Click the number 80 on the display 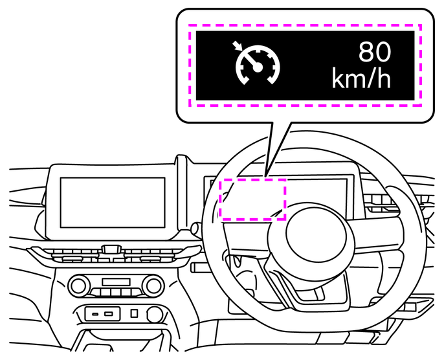[375, 52]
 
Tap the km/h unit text [361, 78]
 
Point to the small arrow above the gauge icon [237, 45]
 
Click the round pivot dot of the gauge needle [258, 67]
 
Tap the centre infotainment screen [113, 203]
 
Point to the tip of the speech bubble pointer [265, 177]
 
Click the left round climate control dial [78, 286]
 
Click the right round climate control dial [153, 286]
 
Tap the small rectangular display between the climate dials [116, 282]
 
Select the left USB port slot [95, 314]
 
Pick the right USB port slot [109, 314]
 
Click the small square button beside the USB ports [134, 313]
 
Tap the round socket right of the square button [155, 314]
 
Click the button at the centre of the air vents [111, 249]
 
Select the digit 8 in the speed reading [366, 52]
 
